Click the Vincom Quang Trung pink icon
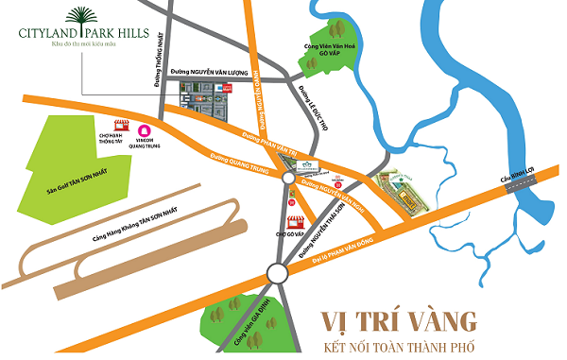pyautogui.click(x=145, y=131)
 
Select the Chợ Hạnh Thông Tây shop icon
pyautogui.click(x=121, y=127)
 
